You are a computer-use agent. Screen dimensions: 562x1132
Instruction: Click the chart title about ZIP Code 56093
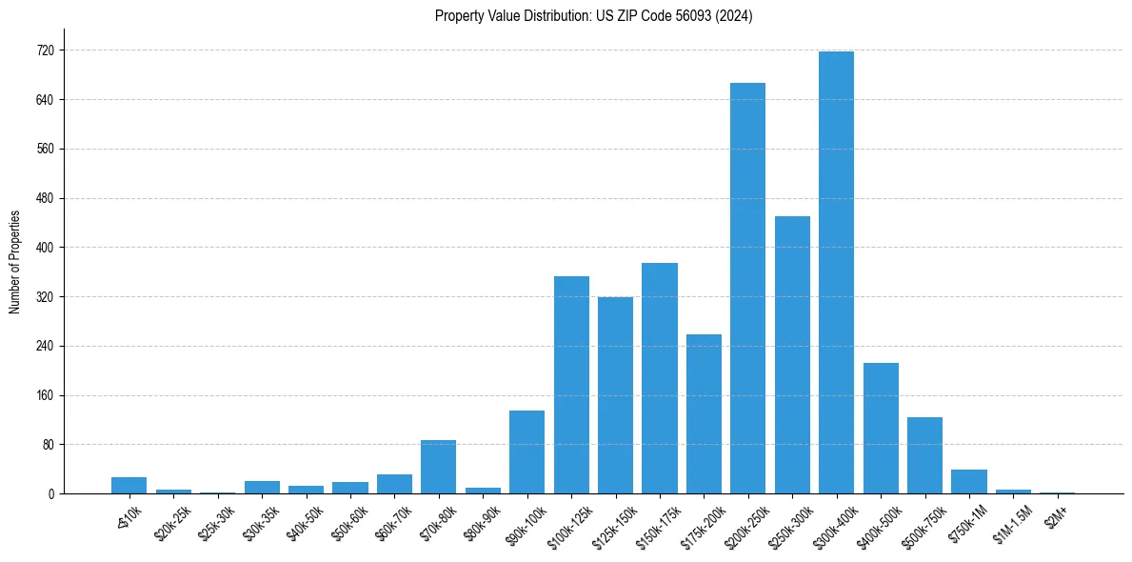[x=593, y=16]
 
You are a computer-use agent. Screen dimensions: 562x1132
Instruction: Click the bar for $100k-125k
[x=571, y=385]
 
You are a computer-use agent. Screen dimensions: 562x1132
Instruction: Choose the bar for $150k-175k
[x=659, y=378]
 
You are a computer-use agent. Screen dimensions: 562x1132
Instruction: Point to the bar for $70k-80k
[x=438, y=467]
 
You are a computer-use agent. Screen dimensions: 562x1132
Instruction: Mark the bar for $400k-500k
[x=881, y=428]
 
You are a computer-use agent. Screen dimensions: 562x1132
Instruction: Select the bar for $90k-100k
[x=526, y=452]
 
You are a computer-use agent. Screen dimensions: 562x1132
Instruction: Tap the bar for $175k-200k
[x=704, y=413]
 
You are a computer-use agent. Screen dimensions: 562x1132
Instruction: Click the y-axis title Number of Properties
[x=15, y=261]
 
